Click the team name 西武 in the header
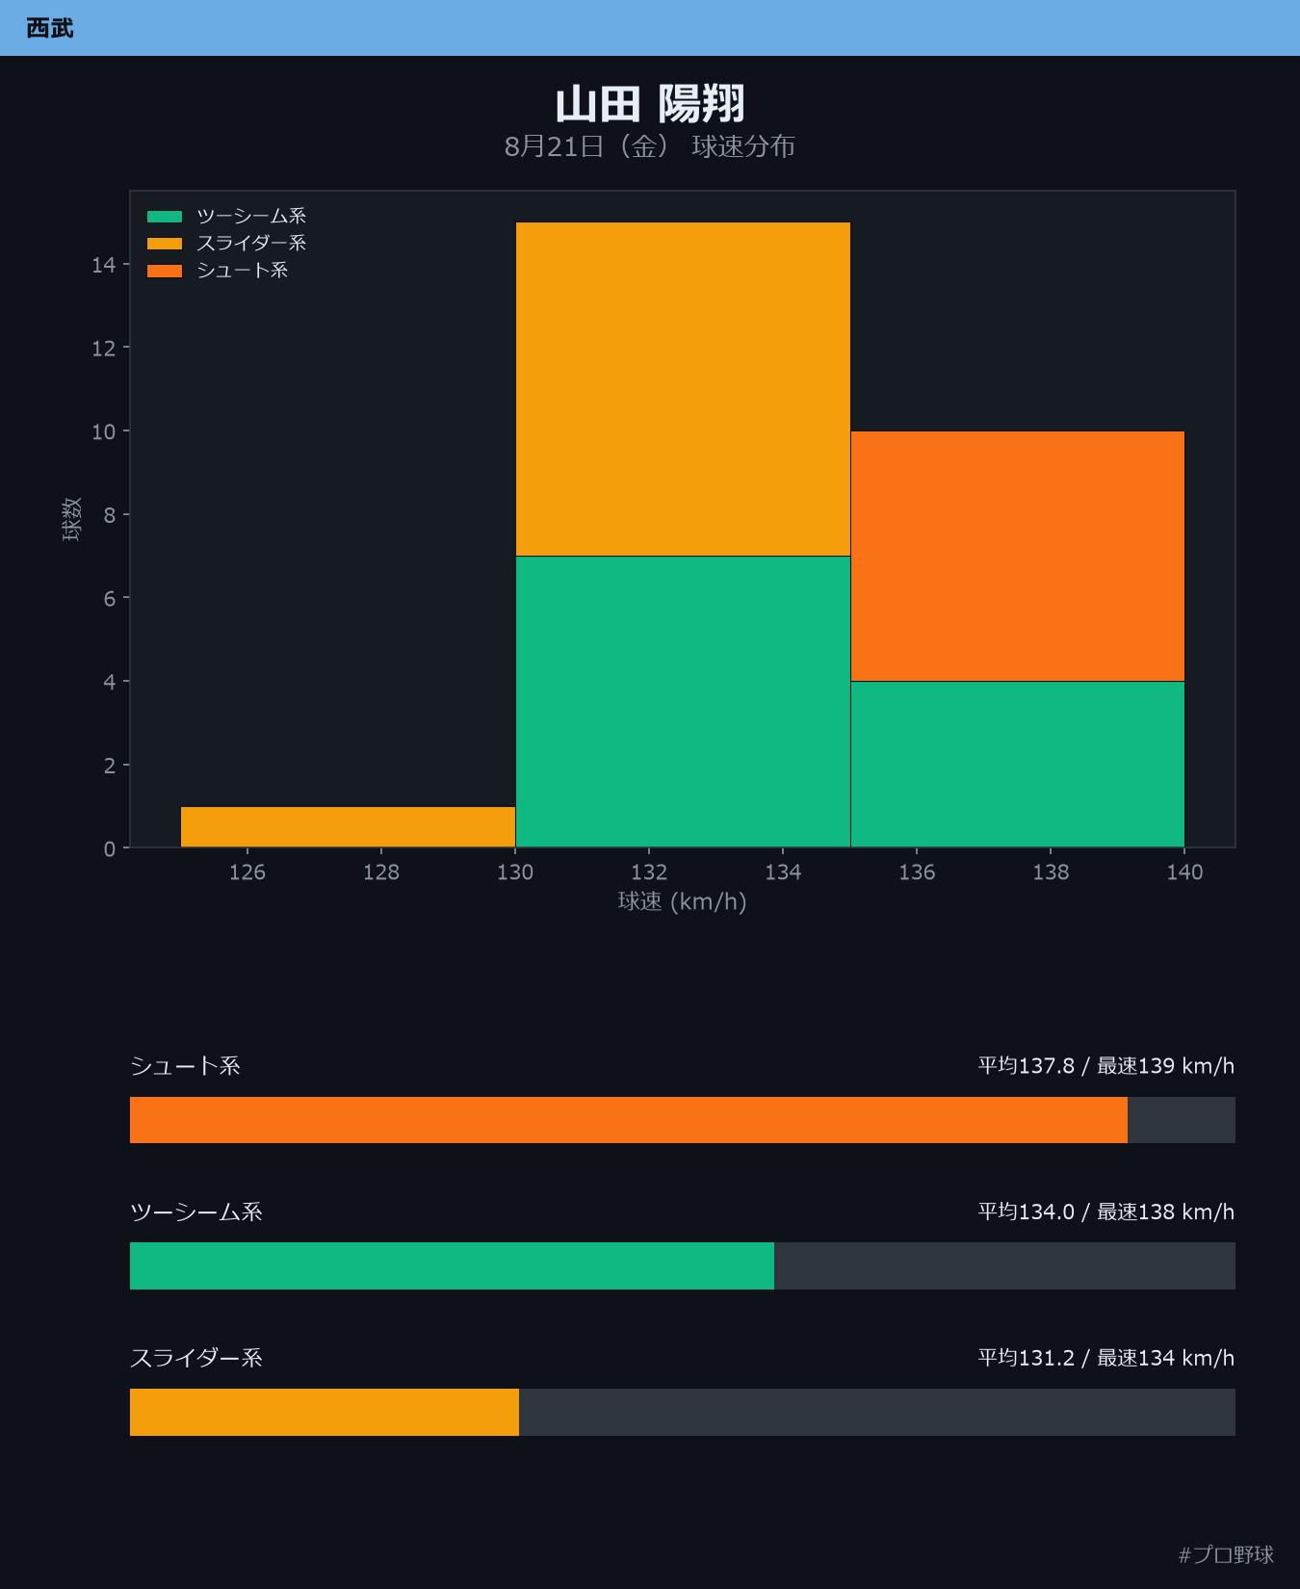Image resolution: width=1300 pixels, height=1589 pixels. coord(50,28)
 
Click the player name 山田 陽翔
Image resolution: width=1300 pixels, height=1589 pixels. coord(650,104)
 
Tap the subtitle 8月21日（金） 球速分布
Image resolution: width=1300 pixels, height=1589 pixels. coord(650,146)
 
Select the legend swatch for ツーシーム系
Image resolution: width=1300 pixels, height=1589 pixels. coord(165,217)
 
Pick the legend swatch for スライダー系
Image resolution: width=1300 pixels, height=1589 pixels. coord(165,244)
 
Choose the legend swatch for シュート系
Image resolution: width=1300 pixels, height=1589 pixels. coord(165,271)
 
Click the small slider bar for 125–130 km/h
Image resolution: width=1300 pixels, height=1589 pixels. coord(349,827)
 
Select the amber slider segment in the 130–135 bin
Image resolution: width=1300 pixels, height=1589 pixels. coord(683,389)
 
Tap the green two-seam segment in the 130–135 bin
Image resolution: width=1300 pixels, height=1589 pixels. coord(683,702)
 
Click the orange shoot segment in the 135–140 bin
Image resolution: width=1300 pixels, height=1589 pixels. coord(1017,557)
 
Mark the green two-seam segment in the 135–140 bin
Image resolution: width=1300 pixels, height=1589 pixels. coord(1017,765)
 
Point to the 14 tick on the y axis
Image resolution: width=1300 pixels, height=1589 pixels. coord(103,265)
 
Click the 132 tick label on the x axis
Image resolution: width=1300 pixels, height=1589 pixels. coord(649,873)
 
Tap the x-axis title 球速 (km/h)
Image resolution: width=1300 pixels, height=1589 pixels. coord(683,902)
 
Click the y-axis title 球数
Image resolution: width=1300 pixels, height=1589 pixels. coord(72,519)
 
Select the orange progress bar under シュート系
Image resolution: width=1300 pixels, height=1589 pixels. coord(629,1120)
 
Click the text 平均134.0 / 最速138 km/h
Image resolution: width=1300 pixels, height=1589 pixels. coord(1106,1211)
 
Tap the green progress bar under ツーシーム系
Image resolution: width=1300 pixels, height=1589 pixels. coord(452,1265)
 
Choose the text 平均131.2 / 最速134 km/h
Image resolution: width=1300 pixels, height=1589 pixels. coord(1106,1358)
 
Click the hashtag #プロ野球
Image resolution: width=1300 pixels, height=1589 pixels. coord(1226,1554)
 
